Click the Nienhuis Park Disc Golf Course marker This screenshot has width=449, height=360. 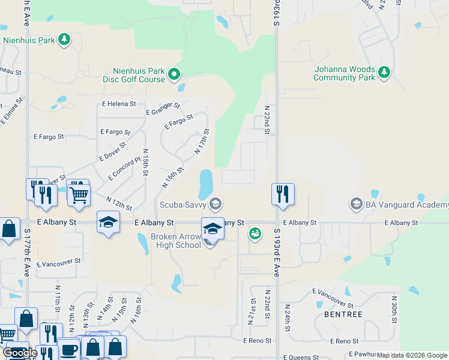click(x=174, y=74)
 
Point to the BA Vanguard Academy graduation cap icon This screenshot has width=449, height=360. click(x=357, y=205)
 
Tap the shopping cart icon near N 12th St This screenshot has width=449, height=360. click(x=79, y=193)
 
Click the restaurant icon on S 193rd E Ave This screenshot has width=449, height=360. click(x=282, y=194)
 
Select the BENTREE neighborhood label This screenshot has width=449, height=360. click(x=343, y=314)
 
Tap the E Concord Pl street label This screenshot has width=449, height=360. click(x=124, y=169)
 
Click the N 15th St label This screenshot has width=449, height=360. click(x=145, y=162)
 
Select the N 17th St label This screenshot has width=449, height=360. click(x=202, y=142)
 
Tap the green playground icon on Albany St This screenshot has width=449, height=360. click(x=255, y=233)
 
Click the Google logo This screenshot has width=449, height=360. click(x=19, y=353)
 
